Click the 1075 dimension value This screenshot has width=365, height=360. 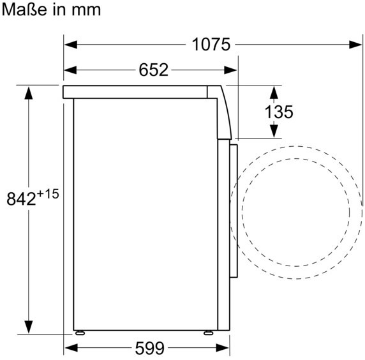tap(211, 45)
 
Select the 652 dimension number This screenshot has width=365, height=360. tap(153, 70)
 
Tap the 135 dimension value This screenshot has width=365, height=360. tap(279, 112)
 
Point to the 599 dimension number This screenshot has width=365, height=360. tap(150, 349)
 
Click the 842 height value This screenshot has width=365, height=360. tap(21, 199)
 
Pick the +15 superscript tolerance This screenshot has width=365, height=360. tap(48, 194)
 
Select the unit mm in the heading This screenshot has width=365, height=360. tap(86, 11)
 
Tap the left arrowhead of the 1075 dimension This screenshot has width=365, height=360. tap(71, 45)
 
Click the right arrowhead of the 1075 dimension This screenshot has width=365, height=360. tap(355, 45)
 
